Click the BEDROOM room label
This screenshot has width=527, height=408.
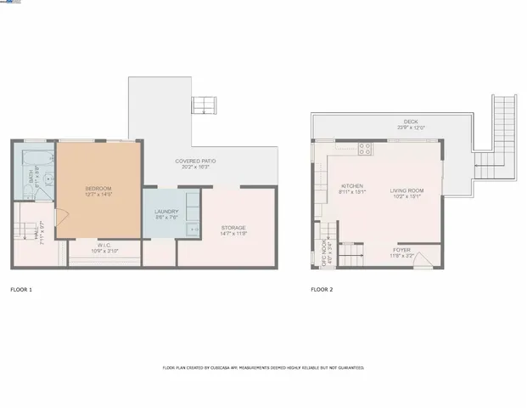pos(98,188)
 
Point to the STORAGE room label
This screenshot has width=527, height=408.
pos(233,228)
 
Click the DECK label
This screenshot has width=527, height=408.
pos(411,122)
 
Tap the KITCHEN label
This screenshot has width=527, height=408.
pos(352,185)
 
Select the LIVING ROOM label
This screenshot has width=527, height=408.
pos(406,190)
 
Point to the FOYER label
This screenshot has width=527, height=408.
pos(401,250)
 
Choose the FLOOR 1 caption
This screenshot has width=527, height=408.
pos(21,290)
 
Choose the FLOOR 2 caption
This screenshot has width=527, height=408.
pos(322,290)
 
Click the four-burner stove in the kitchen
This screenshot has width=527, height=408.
pos(365,149)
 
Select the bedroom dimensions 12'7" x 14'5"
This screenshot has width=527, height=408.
pos(98,195)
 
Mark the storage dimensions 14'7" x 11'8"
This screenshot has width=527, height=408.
pos(233,235)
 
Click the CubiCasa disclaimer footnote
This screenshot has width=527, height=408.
pos(263,368)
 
